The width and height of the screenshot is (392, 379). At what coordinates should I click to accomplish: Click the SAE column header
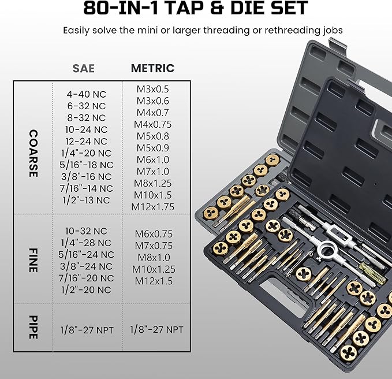[84, 68]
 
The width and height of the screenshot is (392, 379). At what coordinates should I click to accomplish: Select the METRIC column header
[152, 68]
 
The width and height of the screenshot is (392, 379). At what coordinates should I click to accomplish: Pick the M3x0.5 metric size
[152, 89]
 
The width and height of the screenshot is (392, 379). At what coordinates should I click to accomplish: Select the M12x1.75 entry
[152, 206]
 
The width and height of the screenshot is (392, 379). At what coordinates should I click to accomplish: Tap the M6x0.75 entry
[152, 234]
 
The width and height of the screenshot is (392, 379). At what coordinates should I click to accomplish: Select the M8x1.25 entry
[152, 183]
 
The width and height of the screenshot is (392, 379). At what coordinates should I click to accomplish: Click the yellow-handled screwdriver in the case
[368, 269]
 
